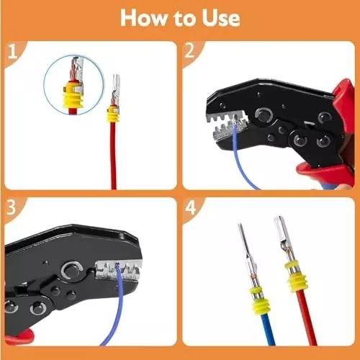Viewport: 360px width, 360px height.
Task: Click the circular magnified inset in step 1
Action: tap(71, 86)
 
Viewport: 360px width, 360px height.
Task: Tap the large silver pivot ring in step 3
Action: tap(70, 271)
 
